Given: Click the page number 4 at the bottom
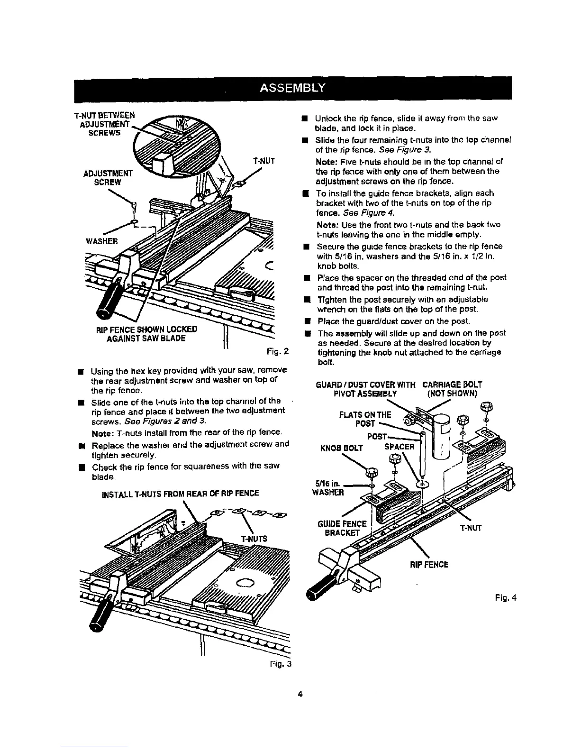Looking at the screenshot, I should pos(299,694).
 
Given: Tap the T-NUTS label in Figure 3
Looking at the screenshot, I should pos(254,539).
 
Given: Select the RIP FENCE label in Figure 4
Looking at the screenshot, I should pos(428,565).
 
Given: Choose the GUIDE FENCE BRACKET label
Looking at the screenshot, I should pos(347,528).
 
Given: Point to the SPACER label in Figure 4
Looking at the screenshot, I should pos(399,447).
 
